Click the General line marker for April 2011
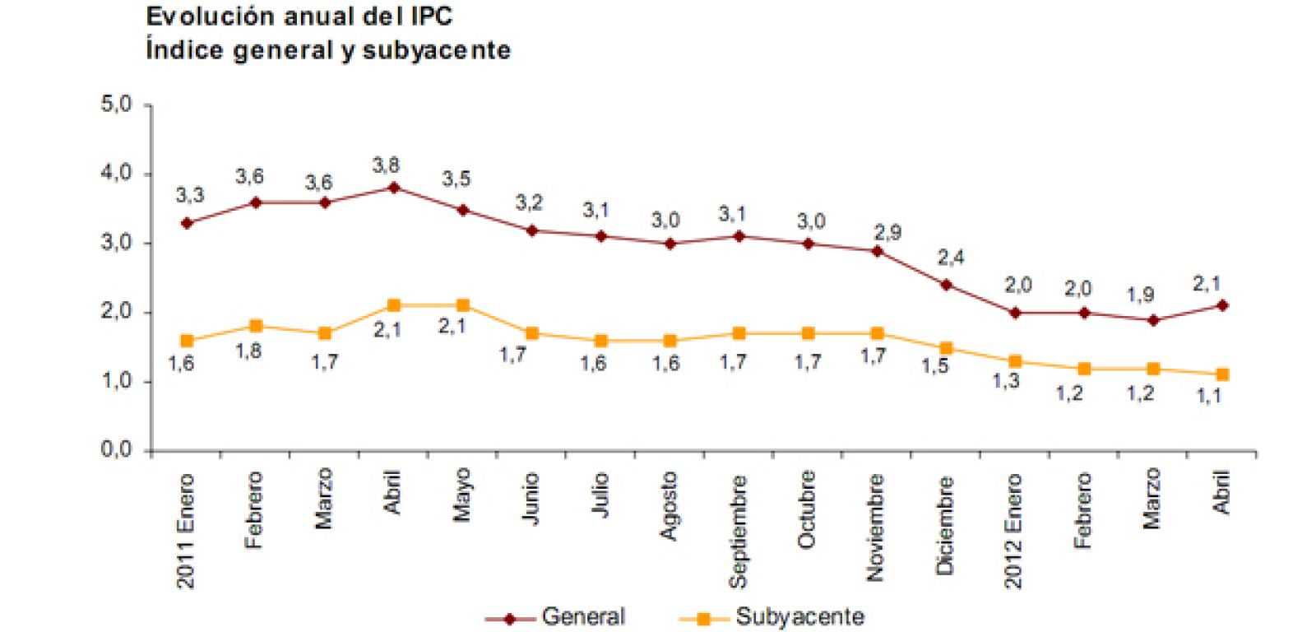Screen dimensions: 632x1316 click(393, 188)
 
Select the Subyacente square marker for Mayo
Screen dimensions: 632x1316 click(462, 305)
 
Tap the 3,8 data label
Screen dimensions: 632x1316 click(386, 165)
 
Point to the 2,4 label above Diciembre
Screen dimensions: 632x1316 click(951, 258)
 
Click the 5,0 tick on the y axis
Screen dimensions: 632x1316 click(116, 105)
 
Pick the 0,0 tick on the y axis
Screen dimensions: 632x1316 click(116, 450)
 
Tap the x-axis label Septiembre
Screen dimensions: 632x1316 click(738, 531)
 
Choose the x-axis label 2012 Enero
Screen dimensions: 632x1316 click(1013, 531)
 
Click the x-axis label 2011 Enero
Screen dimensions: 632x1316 click(186, 531)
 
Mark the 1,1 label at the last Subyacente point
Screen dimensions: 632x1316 click(1208, 396)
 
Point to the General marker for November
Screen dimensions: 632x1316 click(877, 251)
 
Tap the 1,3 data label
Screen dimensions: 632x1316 click(1007, 381)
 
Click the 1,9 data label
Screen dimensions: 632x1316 click(1140, 294)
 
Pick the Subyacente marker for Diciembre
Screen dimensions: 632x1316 click(946, 348)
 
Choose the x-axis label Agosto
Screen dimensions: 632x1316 click(669, 505)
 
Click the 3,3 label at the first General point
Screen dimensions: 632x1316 click(190, 195)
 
